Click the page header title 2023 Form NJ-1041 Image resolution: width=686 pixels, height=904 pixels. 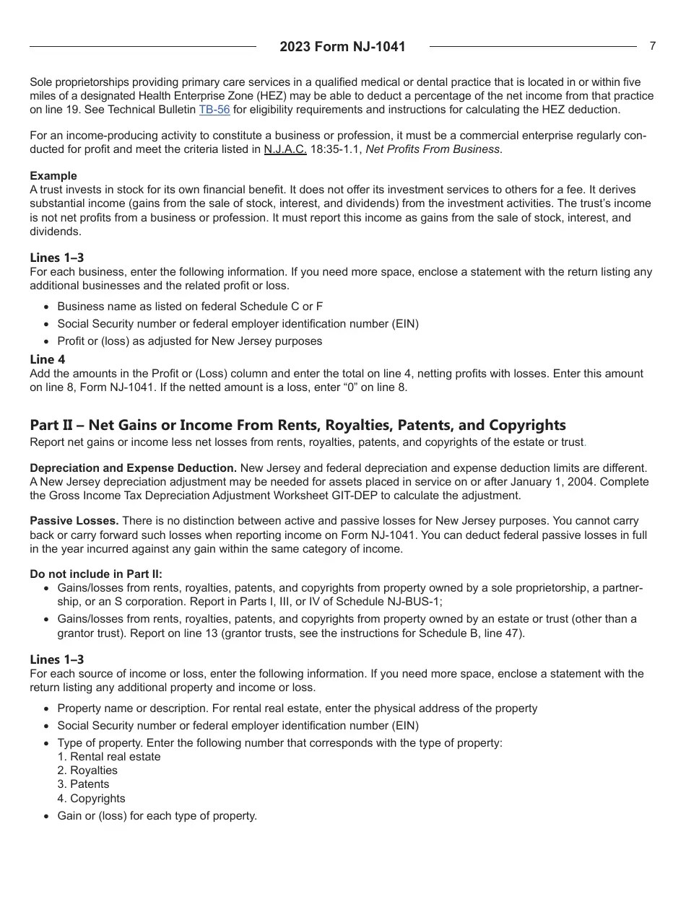tap(342, 47)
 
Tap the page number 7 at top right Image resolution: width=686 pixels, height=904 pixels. tap(652, 46)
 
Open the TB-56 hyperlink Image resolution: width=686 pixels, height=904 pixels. tap(214, 110)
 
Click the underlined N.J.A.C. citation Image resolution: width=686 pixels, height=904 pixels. tap(285, 149)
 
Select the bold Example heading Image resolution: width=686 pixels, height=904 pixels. tap(53, 176)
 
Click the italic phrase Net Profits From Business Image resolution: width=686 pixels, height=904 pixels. tap(433, 149)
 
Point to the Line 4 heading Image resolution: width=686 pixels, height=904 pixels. tap(48, 359)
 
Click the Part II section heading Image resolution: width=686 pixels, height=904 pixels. tap(298, 425)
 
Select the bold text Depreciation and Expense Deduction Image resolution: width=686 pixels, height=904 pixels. tap(133, 468)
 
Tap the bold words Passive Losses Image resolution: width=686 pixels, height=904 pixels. tap(74, 521)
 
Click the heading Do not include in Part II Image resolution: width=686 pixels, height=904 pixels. tap(96, 574)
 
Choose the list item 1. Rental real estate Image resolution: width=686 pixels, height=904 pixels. tap(109, 757)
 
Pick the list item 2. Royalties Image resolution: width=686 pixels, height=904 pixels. tap(87, 771)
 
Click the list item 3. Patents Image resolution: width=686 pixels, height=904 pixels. tap(84, 784)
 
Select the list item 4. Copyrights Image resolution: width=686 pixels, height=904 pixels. tap(91, 799)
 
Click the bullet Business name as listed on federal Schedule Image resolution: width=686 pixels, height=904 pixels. tap(190, 307)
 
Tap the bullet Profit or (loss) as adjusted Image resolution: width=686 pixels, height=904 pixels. tap(190, 341)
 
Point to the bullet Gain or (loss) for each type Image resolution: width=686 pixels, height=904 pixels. tap(157, 816)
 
